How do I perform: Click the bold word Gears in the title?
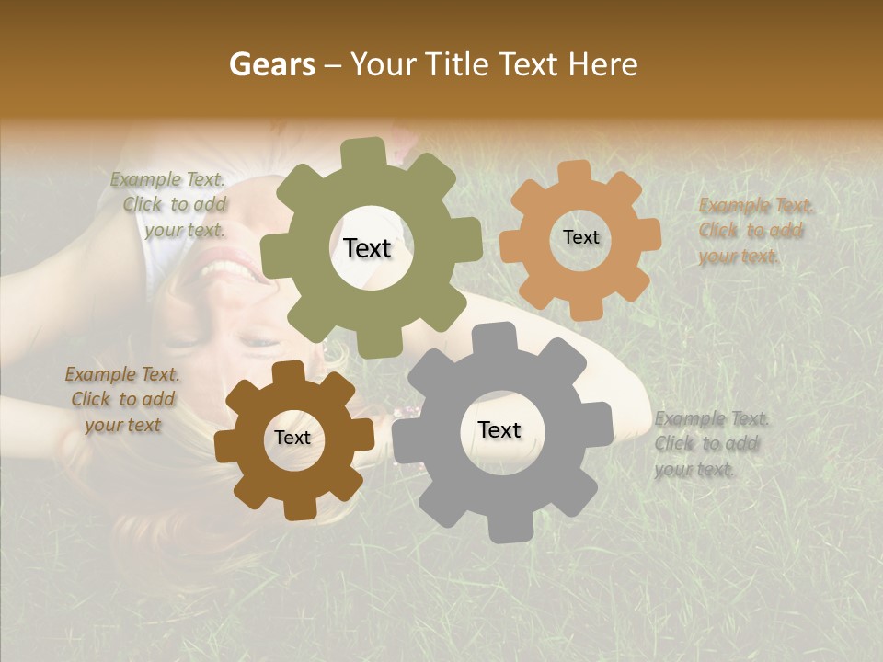click(271, 64)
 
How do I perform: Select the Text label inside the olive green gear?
click(367, 248)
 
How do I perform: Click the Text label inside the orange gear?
click(580, 237)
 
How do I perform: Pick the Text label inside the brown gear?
click(292, 439)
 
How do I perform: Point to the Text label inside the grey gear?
click(499, 430)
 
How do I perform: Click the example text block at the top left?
click(169, 205)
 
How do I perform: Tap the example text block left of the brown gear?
click(122, 400)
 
